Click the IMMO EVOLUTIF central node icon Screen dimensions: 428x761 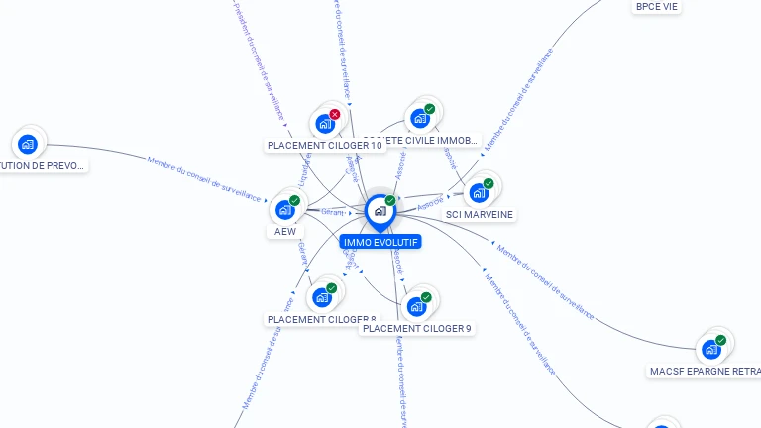pyautogui.click(x=380, y=211)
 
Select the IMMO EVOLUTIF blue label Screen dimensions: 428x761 pyautogui.click(x=380, y=242)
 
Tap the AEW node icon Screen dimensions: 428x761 pyautogui.click(x=284, y=210)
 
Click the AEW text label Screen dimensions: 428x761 pyautogui.click(x=284, y=232)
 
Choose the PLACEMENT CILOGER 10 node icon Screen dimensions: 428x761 pyautogui.click(x=324, y=124)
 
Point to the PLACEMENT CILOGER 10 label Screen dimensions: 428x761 pyautogui.click(x=324, y=146)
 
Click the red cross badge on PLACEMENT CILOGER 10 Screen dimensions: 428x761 pyautogui.click(x=335, y=114)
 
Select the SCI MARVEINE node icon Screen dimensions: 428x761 pyautogui.click(x=479, y=193)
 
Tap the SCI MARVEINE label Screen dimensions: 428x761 pyautogui.click(x=481, y=214)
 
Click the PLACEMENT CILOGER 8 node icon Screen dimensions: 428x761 pyautogui.click(x=321, y=297)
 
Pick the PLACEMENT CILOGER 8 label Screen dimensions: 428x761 pyautogui.click(x=321, y=319)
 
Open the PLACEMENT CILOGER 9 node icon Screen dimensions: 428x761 pyautogui.click(x=416, y=306)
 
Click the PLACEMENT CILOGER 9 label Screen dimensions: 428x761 pyautogui.click(x=416, y=328)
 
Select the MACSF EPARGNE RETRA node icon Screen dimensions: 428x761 pyautogui.click(x=710, y=349)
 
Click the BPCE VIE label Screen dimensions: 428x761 pyautogui.click(x=656, y=7)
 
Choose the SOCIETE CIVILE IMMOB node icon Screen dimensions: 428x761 pyautogui.click(x=420, y=119)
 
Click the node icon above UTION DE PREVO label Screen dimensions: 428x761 pyautogui.click(x=28, y=144)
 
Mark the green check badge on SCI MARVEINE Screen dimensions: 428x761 pyautogui.click(x=489, y=183)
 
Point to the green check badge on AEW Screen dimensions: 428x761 pyautogui.click(x=294, y=200)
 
